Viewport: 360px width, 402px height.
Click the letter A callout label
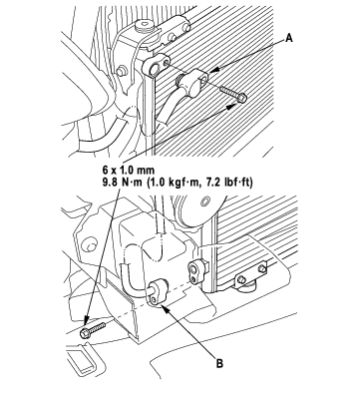pyautogui.click(x=289, y=38)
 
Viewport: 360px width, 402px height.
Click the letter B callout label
pyautogui.click(x=219, y=363)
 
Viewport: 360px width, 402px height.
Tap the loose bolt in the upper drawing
pyautogui.click(x=233, y=93)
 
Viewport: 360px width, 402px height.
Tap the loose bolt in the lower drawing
pyautogui.click(x=92, y=330)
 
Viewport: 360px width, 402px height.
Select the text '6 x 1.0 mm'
pyautogui.click(x=129, y=170)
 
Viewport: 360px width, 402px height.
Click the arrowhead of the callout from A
pyautogui.click(x=213, y=70)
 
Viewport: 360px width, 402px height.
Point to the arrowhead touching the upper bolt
pyautogui.click(x=233, y=105)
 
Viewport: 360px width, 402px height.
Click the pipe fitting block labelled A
pyautogui.click(x=192, y=82)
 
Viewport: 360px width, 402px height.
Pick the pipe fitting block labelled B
pyautogui.click(x=157, y=291)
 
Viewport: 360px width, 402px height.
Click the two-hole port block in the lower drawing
pyautogui.click(x=194, y=271)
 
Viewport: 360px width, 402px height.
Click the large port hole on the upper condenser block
pyautogui.click(x=154, y=69)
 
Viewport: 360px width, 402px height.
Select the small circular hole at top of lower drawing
pyautogui.click(x=204, y=201)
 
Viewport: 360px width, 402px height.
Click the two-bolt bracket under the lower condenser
pyautogui.click(x=250, y=273)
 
